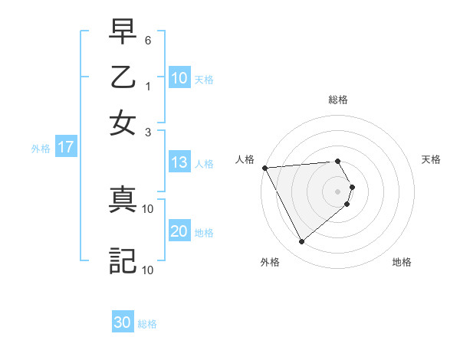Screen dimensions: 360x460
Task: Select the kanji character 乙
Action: pyautogui.click(x=123, y=78)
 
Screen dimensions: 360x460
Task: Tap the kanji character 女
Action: pyautogui.click(x=123, y=123)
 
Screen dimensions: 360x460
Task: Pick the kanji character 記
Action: pyautogui.click(x=123, y=260)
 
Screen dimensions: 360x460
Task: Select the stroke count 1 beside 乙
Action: pyautogui.click(x=149, y=86)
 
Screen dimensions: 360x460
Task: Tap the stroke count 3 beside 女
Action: pyautogui.click(x=149, y=132)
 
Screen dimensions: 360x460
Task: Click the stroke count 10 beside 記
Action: pyautogui.click(x=149, y=270)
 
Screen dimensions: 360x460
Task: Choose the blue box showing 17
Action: pyautogui.click(x=65, y=148)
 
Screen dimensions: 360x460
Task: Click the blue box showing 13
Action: pyautogui.click(x=179, y=162)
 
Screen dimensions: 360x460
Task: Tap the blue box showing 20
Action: pyautogui.click(x=179, y=232)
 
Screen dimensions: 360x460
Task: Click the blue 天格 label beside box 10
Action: pyautogui.click(x=204, y=80)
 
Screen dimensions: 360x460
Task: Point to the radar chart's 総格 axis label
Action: pyautogui.click(x=338, y=100)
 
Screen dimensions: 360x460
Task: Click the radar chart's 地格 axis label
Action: pyautogui.click(x=402, y=262)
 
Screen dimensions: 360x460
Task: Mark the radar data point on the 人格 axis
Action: pyautogui.click(x=264, y=168)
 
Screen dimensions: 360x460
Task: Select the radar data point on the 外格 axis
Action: pyautogui.click(x=301, y=242)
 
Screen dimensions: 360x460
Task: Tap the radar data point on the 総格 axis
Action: pyautogui.click(x=338, y=161)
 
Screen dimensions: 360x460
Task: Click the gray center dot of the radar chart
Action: pyautogui.click(x=338, y=191)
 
